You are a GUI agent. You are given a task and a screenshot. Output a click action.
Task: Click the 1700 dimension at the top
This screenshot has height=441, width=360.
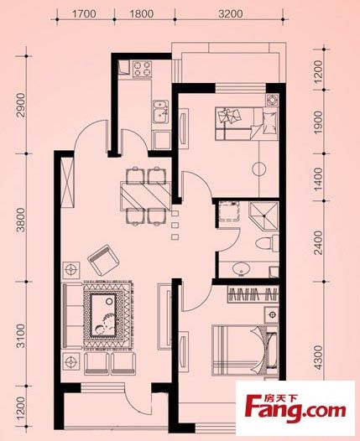[x=84, y=13]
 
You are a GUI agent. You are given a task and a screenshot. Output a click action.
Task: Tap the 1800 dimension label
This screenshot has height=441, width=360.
[x=142, y=13]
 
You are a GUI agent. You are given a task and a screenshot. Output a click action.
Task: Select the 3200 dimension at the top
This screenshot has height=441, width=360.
[x=231, y=13]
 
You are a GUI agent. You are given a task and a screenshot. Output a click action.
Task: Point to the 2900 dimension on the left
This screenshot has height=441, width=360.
[x=21, y=105]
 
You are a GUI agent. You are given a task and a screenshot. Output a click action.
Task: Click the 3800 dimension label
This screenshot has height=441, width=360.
[x=21, y=220]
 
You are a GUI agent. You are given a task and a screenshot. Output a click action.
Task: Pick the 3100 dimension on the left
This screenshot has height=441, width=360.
[x=21, y=336]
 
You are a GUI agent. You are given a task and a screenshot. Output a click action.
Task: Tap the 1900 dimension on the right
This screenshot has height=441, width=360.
[x=318, y=122]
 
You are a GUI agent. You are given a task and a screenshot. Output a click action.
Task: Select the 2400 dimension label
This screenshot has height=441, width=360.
[x=318, y=242]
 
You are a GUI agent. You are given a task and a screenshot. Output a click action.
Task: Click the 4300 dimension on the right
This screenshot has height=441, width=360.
[x=318, y=358]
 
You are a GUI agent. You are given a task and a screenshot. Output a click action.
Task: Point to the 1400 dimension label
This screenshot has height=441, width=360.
[x=318, y=179]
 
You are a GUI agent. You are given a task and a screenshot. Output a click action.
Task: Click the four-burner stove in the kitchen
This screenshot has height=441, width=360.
[x=142, y=69]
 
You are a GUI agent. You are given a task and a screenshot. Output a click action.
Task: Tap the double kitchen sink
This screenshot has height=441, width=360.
[x=160, y=112]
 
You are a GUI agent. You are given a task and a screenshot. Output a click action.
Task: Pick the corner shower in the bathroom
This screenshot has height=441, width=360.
[x=263, y=216]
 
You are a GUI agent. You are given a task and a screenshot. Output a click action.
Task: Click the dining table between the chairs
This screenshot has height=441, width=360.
[x=146, y=195]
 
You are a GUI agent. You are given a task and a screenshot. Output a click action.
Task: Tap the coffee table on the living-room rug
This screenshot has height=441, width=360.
[x=103, y=315]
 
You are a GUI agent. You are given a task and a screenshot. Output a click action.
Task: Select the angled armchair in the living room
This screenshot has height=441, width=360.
[x=103, y=260]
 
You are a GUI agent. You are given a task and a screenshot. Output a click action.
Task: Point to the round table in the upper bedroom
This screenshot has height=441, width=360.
[x=258, y=169]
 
